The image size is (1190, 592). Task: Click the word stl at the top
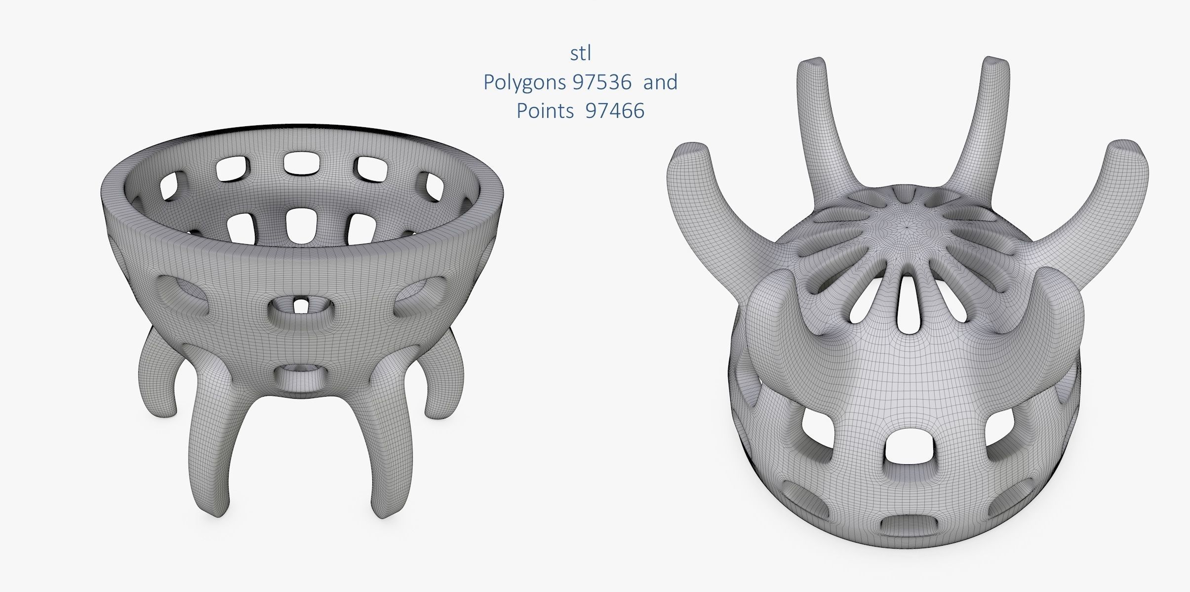coord(580,54)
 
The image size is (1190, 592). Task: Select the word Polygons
coord(525,82)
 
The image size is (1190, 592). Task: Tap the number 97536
coord(602,82)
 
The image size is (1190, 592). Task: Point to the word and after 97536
coord(660,82)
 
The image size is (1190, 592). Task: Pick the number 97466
coord(615,111)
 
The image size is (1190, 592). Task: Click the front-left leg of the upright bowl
coord(215,444)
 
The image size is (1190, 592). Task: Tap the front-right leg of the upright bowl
coord(390,444)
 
